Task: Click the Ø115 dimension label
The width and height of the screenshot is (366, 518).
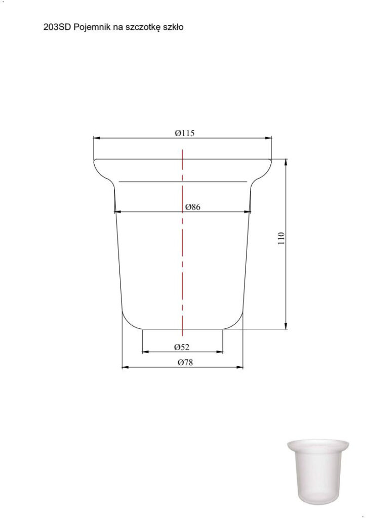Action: tap(184, 133)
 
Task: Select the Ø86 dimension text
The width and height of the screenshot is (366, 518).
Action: tap(193, 207)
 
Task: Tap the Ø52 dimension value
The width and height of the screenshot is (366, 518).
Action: tap(182, 347)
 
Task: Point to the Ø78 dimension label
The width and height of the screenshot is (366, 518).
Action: tap(185, 362)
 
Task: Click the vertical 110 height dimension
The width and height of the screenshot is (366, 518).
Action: tap(281, 238)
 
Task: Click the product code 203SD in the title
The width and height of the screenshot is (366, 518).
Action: tap(57, 27)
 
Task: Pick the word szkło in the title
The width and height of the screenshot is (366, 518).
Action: tap(173, 27)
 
